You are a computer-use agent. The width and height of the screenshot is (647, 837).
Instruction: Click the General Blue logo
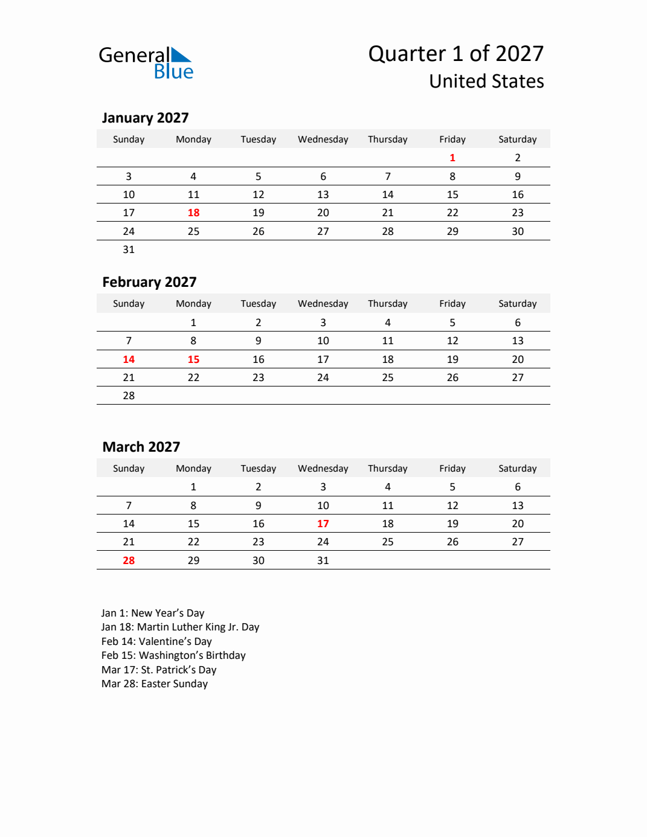(x=146, y=63)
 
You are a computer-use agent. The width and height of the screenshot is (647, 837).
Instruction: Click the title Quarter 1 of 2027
(x=455, y=54)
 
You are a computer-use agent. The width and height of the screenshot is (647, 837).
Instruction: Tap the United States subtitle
(x=486, y=81)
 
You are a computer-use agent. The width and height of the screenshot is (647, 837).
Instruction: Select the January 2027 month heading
(x=145, y=118)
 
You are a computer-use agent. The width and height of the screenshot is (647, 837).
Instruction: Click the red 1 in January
(x=452, y=158)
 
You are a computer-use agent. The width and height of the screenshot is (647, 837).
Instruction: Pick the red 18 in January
(x=193, y=213)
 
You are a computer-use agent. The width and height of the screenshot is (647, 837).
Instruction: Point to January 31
(x=129, y=249)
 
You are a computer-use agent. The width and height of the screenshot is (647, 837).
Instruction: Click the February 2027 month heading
(x=149, y=282)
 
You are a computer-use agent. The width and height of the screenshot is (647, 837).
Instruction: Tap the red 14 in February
(x=129, y=359)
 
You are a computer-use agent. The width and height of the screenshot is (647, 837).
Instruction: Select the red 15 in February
(x=193, y=359)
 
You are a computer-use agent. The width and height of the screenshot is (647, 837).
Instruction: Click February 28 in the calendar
(x=129, y=396)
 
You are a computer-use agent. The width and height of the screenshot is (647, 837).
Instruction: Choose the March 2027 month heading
(x=141, y=447)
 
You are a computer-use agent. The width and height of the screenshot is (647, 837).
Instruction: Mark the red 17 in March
(x=323, y=524)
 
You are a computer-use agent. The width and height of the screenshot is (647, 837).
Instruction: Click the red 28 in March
(x=129, y=560)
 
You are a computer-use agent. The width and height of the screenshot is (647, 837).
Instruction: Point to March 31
(x=323, y=560)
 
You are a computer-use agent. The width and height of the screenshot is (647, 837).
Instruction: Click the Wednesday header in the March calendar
(x=323, y=469)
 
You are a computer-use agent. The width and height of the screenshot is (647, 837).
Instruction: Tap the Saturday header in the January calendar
(x=517, y=139)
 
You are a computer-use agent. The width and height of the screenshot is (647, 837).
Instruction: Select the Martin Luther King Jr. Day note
(x=180, y=627)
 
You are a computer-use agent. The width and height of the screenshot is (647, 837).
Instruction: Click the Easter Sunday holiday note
(x=155, y=684)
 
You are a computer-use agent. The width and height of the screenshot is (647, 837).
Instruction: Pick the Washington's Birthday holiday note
(x=173, y=655)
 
